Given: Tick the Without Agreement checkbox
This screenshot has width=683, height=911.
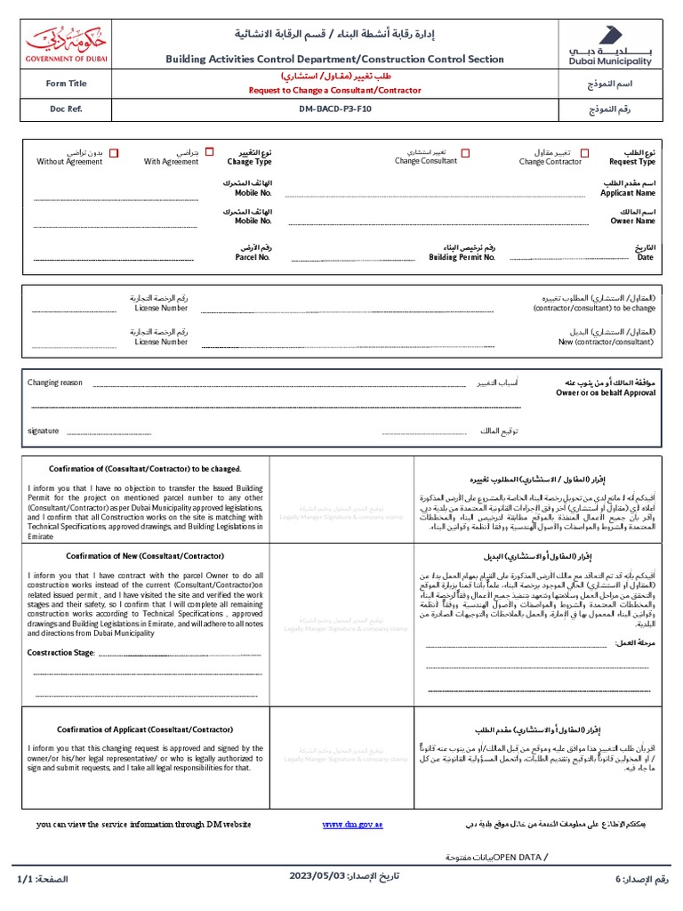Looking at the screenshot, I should point(114,153).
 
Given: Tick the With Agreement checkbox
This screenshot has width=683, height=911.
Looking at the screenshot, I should point(209,153).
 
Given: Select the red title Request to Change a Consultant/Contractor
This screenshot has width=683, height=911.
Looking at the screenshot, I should point(333,90).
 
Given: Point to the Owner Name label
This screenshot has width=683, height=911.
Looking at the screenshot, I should point(632,221).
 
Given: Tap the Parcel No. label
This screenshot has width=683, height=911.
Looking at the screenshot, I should point(253,257).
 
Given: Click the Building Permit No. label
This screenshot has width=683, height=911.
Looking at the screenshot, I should point(462,257).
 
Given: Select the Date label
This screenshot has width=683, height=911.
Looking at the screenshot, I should point(645,257).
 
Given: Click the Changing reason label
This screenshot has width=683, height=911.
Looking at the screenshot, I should point(55,383).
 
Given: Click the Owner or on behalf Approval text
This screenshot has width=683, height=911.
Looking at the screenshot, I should point(606,392).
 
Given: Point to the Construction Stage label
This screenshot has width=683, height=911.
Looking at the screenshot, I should point(61,652).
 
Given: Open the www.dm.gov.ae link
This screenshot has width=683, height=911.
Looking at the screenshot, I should point(352,825).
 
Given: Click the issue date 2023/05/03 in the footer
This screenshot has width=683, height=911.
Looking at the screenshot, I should point(317,876).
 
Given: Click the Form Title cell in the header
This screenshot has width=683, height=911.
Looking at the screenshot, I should point(67,84).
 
